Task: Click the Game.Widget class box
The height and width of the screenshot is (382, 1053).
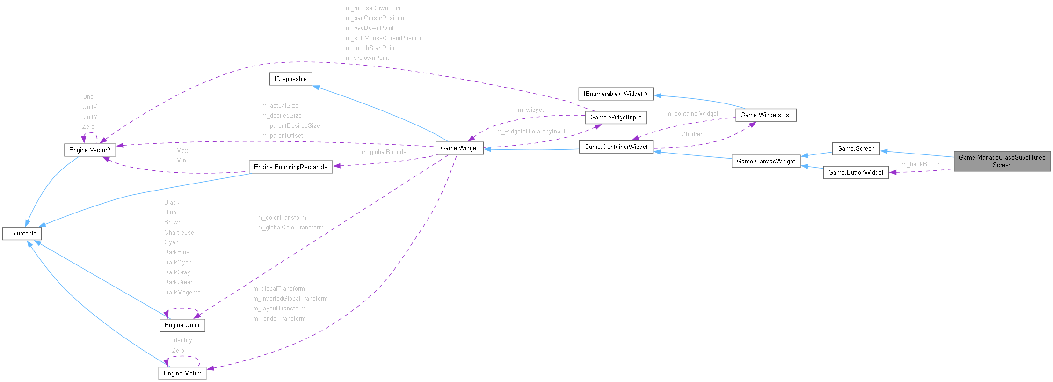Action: pyautogui.click(x=459, y=148)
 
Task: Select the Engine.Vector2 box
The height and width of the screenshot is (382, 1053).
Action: pyautogui.click(x=90, y=150)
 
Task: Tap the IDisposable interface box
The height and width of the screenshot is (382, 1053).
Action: pyautogui.click(x=290, y=79)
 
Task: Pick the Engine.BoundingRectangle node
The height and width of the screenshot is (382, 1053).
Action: pyautogui.click(x=290, y=167)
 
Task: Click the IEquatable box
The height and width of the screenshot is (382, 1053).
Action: pyautogui.click(x=22, y=234)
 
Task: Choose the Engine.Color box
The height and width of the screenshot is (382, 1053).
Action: pyautogui.click(x=182, y=325)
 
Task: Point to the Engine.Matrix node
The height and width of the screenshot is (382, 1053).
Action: pyautogui.click(x=182, y=374)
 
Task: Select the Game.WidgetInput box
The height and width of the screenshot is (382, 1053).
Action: pyautogui.click(x=616, y=118)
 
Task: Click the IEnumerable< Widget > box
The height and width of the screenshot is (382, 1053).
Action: pyautogui.click(x=616, y=94)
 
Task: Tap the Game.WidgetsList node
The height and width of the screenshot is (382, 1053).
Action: pyautogui.click(x=765, y=115)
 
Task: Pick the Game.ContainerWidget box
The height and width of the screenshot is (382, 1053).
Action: pyautogui.click(x=616, y=147)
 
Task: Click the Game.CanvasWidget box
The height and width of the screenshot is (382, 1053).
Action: pyautogui.click(x=766, y=162)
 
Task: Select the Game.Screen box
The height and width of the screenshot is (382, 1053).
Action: pyautogui.click(x=856, y=149)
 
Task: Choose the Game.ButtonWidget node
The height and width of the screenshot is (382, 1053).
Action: pyautogui.click(x=856, y=173)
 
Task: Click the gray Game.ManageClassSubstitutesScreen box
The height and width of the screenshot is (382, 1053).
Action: pyautogui.click(x=1002, y=162)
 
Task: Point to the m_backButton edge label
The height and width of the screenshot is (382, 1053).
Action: pyautogui.click(x=921, y=164)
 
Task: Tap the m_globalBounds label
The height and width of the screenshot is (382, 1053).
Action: pyautogui.click(x=384, y=152)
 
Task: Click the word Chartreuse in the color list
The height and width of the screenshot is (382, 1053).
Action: pyautogui.click(x=179, y=233)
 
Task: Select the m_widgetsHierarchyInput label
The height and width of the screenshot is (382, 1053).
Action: pyautogui.click(x=530, y=132)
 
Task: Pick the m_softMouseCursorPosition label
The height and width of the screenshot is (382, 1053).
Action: pyautogui.click(x=384, y=38)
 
